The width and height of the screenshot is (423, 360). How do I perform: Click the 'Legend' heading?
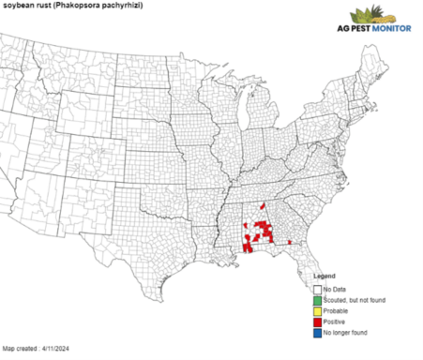[323, 277]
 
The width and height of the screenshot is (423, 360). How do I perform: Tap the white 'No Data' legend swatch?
[317, 289]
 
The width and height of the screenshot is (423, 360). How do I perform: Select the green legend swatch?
[317, 300]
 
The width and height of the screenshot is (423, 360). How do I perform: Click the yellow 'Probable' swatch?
[317, 310]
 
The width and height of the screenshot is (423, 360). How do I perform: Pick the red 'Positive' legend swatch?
[317, 322]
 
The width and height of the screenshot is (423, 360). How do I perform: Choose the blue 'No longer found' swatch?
[317, 333]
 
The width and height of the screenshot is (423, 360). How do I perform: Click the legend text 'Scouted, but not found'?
[354, 300]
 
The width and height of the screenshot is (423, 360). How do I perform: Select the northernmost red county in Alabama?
[262, 222]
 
